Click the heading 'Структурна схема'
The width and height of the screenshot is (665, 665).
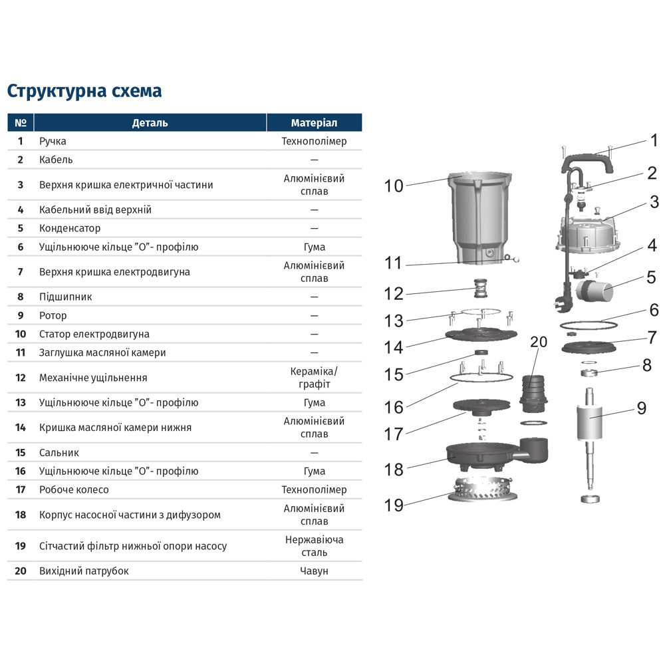[x=84, y=90]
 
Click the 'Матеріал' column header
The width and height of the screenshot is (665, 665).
[x=314, y=123]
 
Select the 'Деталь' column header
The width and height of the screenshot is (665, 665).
[x=150, y=123]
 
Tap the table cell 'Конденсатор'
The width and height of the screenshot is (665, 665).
[x=70, y=228]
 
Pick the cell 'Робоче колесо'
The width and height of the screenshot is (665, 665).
[x=74, y=489]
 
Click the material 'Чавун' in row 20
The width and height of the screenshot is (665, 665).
[x=314, y=571]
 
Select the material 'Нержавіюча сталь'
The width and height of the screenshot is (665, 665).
[x=314, y=546]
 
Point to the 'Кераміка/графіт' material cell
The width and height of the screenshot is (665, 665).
[x=314, y=378]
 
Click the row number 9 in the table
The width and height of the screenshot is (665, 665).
[x=21, y=315]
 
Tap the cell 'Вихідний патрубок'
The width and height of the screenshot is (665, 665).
[x=84, y=571]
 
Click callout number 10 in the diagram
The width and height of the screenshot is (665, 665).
[x=394, y=186]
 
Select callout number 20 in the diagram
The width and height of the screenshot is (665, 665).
[x=539, y=341]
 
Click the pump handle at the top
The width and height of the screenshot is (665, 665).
[x=585, y=161]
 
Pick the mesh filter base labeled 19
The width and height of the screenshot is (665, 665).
[x=480, y=491]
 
